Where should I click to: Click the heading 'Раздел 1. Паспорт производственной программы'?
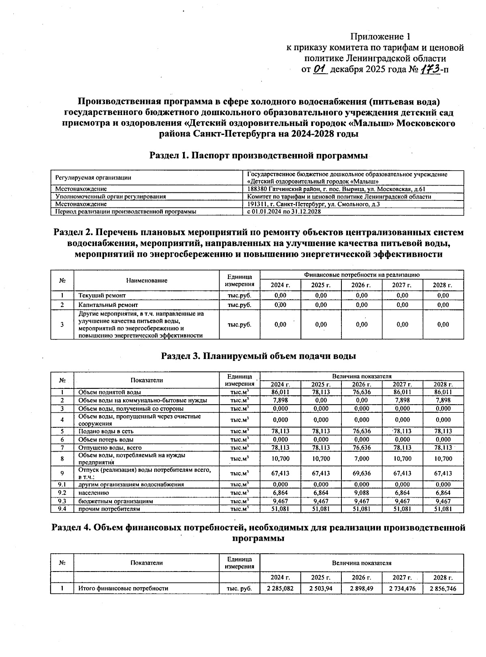click(x=259, y=156)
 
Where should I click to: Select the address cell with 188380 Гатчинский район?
click(x=336, y=189)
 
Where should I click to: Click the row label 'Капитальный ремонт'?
click(x=108, y=305)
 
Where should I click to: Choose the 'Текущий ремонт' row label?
click(x=102, y=296)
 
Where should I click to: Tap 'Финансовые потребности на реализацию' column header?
click(x=362, y=275)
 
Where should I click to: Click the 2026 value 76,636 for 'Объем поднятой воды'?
click(x=362, y=392)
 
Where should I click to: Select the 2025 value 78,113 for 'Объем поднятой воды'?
click(x=321, y=392)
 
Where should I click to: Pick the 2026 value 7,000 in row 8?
click(x=362, y=459)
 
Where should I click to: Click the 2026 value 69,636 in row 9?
click(x=362, y=473)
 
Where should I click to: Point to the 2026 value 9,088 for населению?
click(x=362, y=493)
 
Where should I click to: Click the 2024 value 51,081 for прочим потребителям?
click(x=280, y=509)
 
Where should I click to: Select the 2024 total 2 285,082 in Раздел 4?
click(x=280, y=589)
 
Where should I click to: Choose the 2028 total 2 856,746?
click(x=443, y=589)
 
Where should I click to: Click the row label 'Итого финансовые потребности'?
click(x=123, y=589)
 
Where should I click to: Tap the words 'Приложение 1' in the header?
click(x=380, y=37)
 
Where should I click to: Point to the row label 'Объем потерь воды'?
click(x=106, y=439)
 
